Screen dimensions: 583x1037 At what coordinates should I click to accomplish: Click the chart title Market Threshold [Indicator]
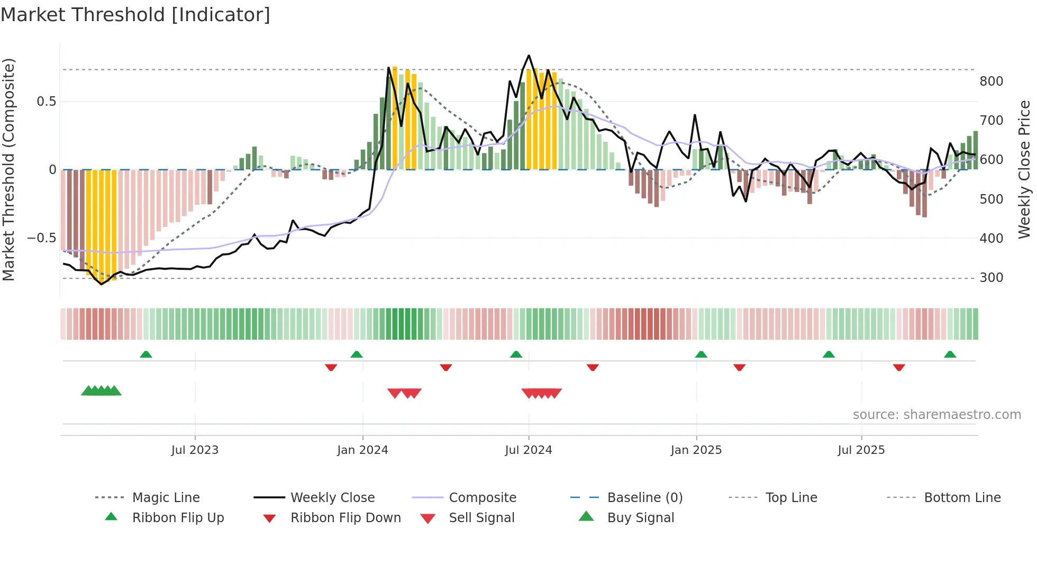(135, 15)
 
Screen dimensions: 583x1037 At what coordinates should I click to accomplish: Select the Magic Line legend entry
(166, 498)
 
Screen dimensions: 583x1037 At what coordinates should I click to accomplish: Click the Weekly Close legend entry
(332, 498)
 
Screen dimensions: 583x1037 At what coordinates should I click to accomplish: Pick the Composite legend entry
(482, 498)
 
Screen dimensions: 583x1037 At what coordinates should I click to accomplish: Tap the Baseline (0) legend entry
(644, 498)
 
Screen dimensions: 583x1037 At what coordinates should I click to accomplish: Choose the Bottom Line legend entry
(962, 498)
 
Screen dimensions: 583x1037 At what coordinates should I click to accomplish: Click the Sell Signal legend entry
(481, 518)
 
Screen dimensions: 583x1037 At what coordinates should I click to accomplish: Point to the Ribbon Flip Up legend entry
(178, 518)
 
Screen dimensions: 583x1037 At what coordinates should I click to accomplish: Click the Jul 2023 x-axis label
(195, 450)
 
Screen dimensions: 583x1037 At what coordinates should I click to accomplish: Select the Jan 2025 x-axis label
(696, 450)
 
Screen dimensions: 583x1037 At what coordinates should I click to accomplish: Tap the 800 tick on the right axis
(991, 81)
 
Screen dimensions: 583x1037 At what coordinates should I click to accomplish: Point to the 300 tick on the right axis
(991, 278)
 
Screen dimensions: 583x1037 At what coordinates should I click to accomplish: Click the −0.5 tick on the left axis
(41, 238)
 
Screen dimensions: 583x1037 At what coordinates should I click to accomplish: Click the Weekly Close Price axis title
(1024, 169)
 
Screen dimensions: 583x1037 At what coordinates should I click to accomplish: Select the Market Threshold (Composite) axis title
(8, 169)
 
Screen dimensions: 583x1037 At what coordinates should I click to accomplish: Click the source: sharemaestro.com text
(936, 415)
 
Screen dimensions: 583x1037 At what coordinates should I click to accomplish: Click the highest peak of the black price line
(529, 56)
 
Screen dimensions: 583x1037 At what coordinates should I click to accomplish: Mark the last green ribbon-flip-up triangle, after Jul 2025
(950, 354)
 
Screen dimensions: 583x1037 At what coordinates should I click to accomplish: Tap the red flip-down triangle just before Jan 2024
(331, 367)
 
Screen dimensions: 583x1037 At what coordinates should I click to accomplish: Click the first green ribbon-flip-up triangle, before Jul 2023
(146, 354)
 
